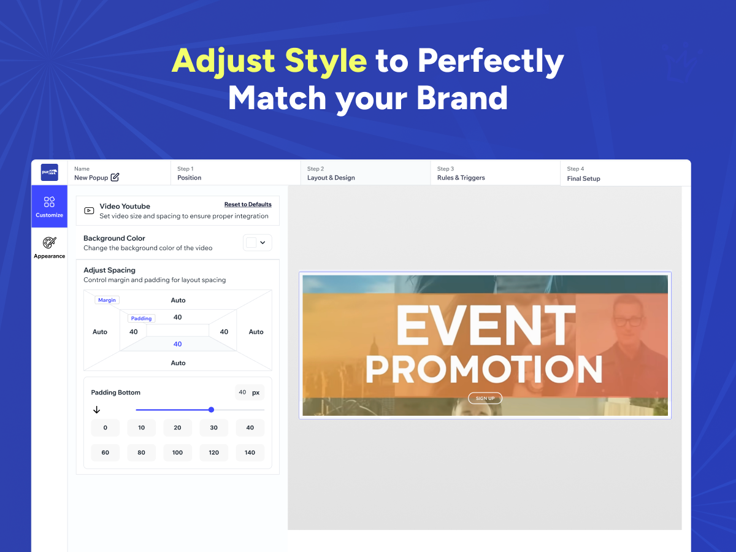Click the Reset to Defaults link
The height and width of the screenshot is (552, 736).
coord(248,204)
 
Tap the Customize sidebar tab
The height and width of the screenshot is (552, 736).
coord(49,207)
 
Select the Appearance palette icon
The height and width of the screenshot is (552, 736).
coord(49,243)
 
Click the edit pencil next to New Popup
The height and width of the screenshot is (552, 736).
coord(115,177)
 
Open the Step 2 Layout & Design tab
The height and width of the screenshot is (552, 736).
coord(366,174)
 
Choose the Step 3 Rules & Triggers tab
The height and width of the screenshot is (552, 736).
coord(495,174)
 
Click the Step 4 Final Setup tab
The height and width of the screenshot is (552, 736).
coord(626,174)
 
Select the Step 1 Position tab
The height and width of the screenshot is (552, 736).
coord(236,174)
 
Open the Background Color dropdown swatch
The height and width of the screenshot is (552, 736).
coord(257,242)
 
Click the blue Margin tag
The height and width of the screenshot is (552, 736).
coord(107,300)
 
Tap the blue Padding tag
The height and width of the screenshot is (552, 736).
coord(141,318)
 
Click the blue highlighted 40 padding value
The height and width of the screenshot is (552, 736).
coord(178,344)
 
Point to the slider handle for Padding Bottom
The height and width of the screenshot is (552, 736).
coord(211,410)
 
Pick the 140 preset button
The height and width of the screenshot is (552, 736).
coord(250,453)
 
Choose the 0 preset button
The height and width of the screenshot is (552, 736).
coord(105,427)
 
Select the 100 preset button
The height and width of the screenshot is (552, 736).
coord(177,453)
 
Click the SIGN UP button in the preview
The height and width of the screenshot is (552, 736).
coord(485,398)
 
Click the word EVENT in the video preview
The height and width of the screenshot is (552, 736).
coord(486,326)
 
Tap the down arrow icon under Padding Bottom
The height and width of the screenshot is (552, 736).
coord(96,410)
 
